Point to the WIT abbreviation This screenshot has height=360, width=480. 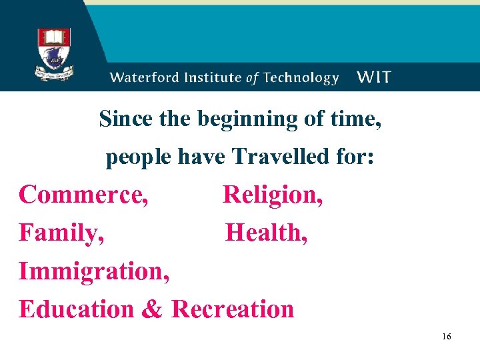(x=374, y=77)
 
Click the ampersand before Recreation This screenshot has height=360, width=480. (x=153, y=310)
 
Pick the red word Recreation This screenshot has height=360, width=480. (x=233, y=309)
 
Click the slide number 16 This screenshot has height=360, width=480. (x=446, y=337)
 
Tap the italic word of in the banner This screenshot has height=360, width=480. (x=251, y=77)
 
